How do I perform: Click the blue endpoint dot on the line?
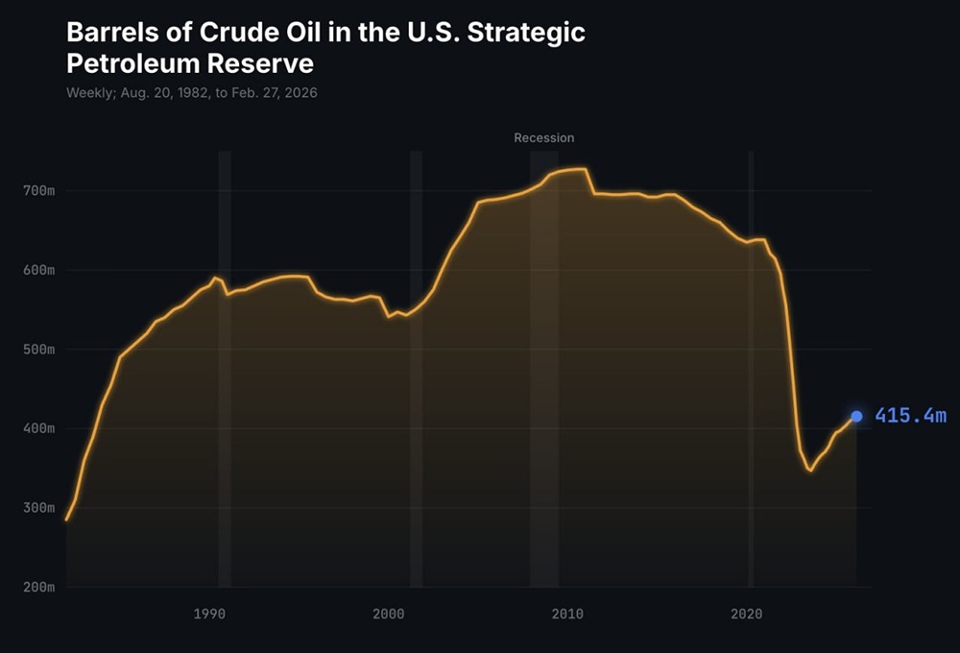click(x=856, y=416)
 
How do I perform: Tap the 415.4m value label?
click(x=910, y=416)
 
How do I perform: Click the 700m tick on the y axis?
click(x=38, y=191)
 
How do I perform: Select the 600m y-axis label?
click(x=38, y=270)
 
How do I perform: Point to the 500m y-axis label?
click(x=38, y=350)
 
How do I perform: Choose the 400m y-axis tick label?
click(x=38, y=428)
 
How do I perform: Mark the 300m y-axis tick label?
click(x=38, y=507)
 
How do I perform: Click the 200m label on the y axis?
click(x=38, y=587)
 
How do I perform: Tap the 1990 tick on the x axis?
click(x=209, y=613)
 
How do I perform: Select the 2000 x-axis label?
click(x=389, y=613)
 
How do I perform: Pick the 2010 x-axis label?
click(x=568, y=613)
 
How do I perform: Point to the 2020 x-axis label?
click(x=748, y=613)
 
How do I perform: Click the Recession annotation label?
click(x=543, y=137)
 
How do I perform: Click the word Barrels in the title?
click(x=108, y=33)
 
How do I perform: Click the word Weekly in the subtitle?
click(x=86, y=93)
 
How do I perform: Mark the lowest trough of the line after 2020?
click(x=810, y=470)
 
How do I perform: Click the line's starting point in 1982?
click(x=66, y=520)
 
